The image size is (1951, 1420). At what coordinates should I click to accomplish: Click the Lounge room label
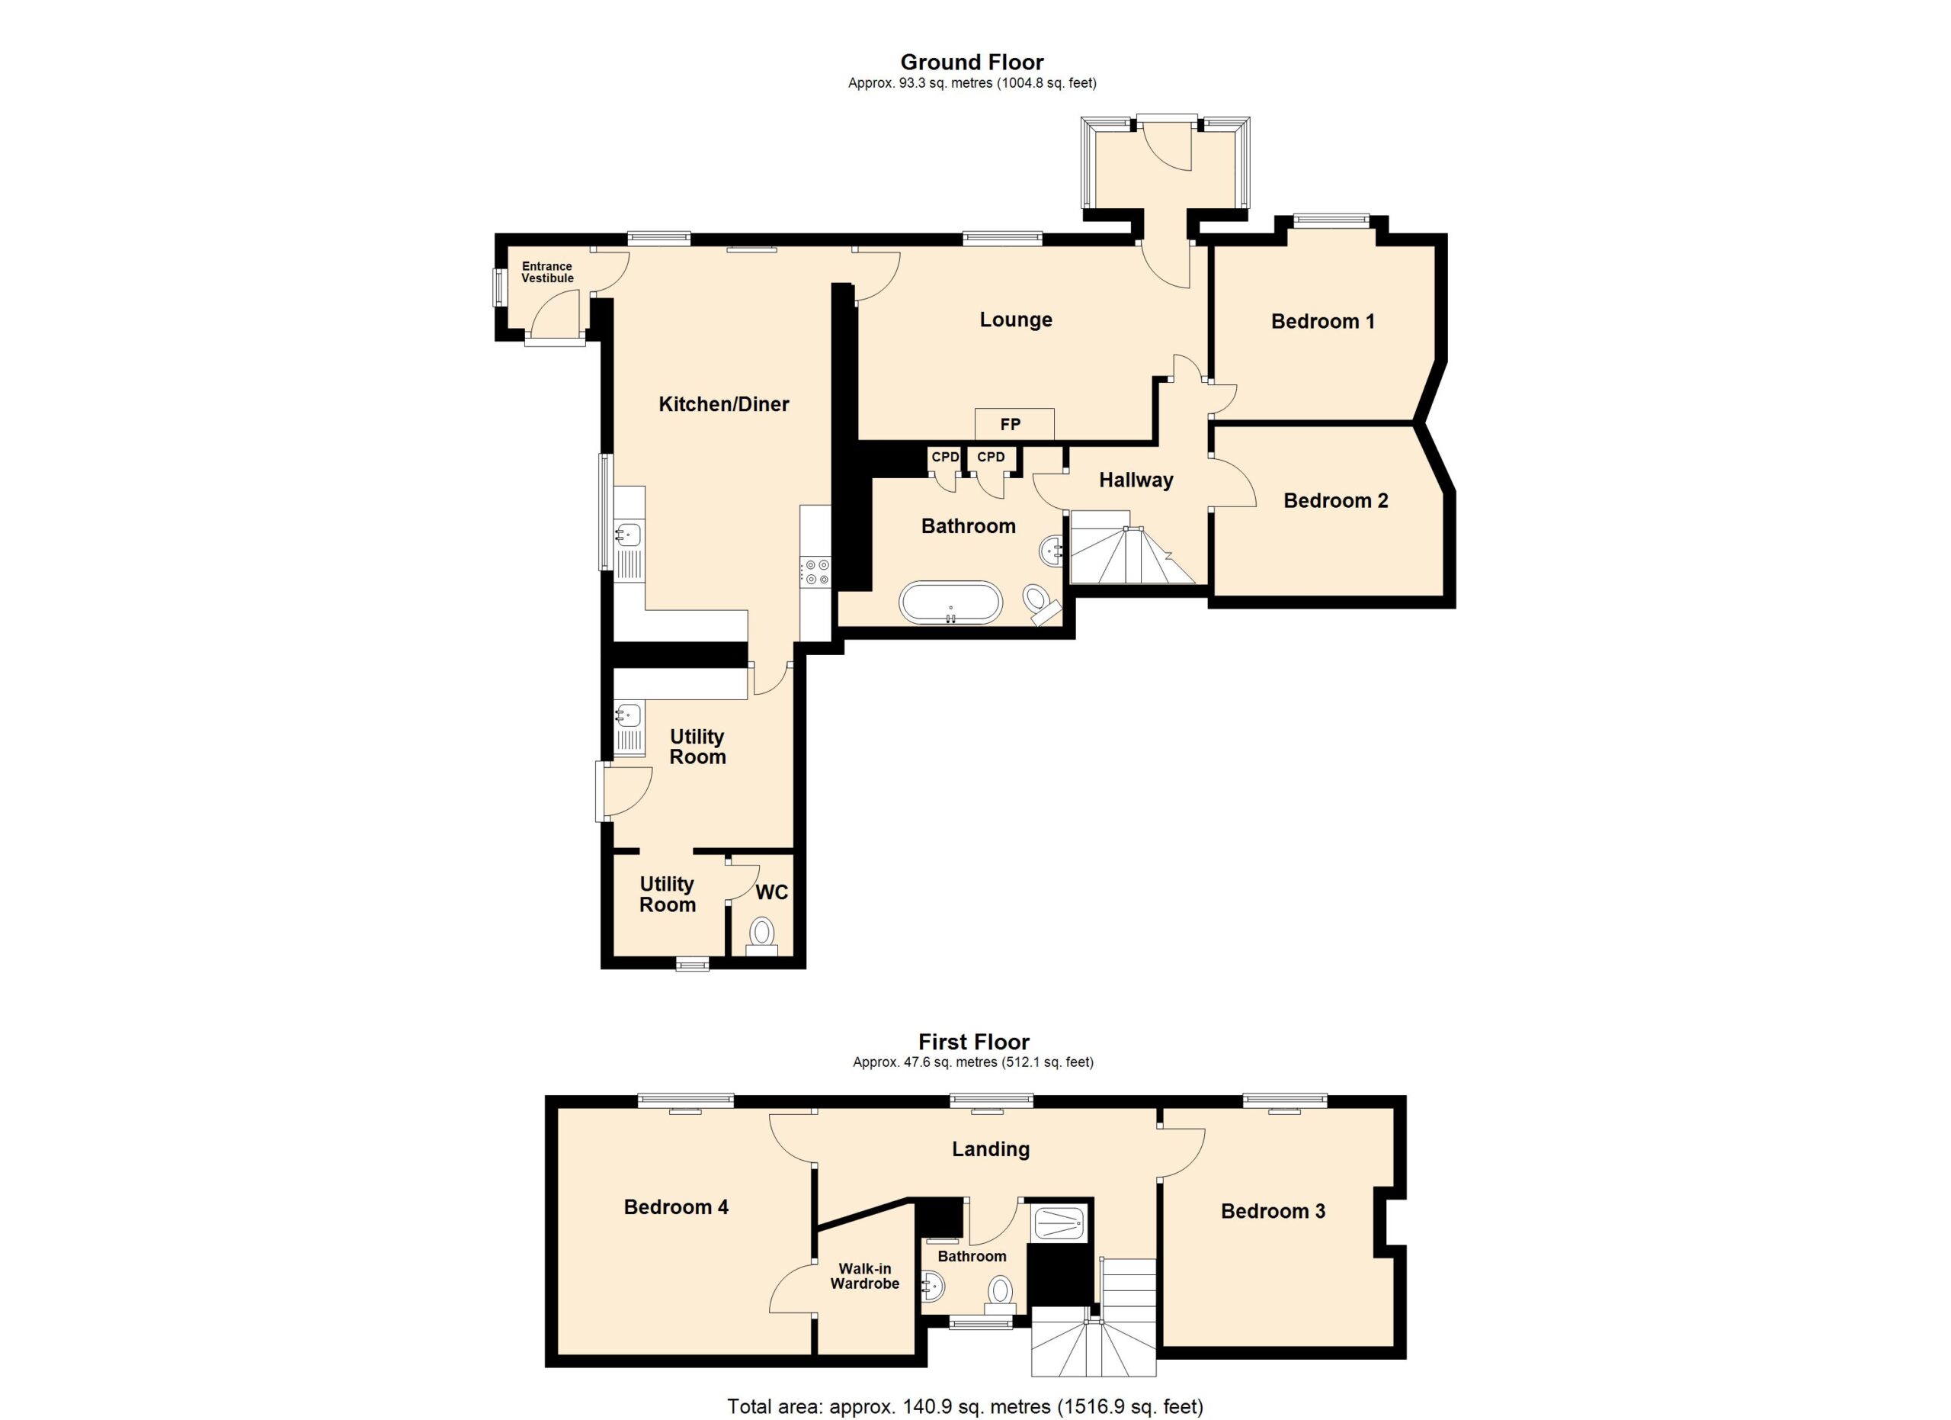[1016, 320]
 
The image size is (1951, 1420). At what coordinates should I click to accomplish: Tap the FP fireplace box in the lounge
[1014, 423]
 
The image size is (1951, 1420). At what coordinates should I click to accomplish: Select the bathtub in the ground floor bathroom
[950, 603]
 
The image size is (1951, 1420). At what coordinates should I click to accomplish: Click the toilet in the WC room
[761, 936]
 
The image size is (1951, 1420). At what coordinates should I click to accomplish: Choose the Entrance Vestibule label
[547, 272]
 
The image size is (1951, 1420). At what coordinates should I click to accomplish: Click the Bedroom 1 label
[1323, 321]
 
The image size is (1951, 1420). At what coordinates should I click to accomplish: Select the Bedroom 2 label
[1336, 501]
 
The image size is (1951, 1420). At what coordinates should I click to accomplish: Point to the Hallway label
[1136, 480]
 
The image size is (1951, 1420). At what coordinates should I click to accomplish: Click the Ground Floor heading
[972, 62]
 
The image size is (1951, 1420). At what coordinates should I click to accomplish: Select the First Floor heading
[974, 1043]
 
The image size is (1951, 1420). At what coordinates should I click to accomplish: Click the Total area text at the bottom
[965, 1407]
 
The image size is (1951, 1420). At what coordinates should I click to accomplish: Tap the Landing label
[991, 1149]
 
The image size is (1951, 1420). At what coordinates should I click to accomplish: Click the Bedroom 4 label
[676, 1207]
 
